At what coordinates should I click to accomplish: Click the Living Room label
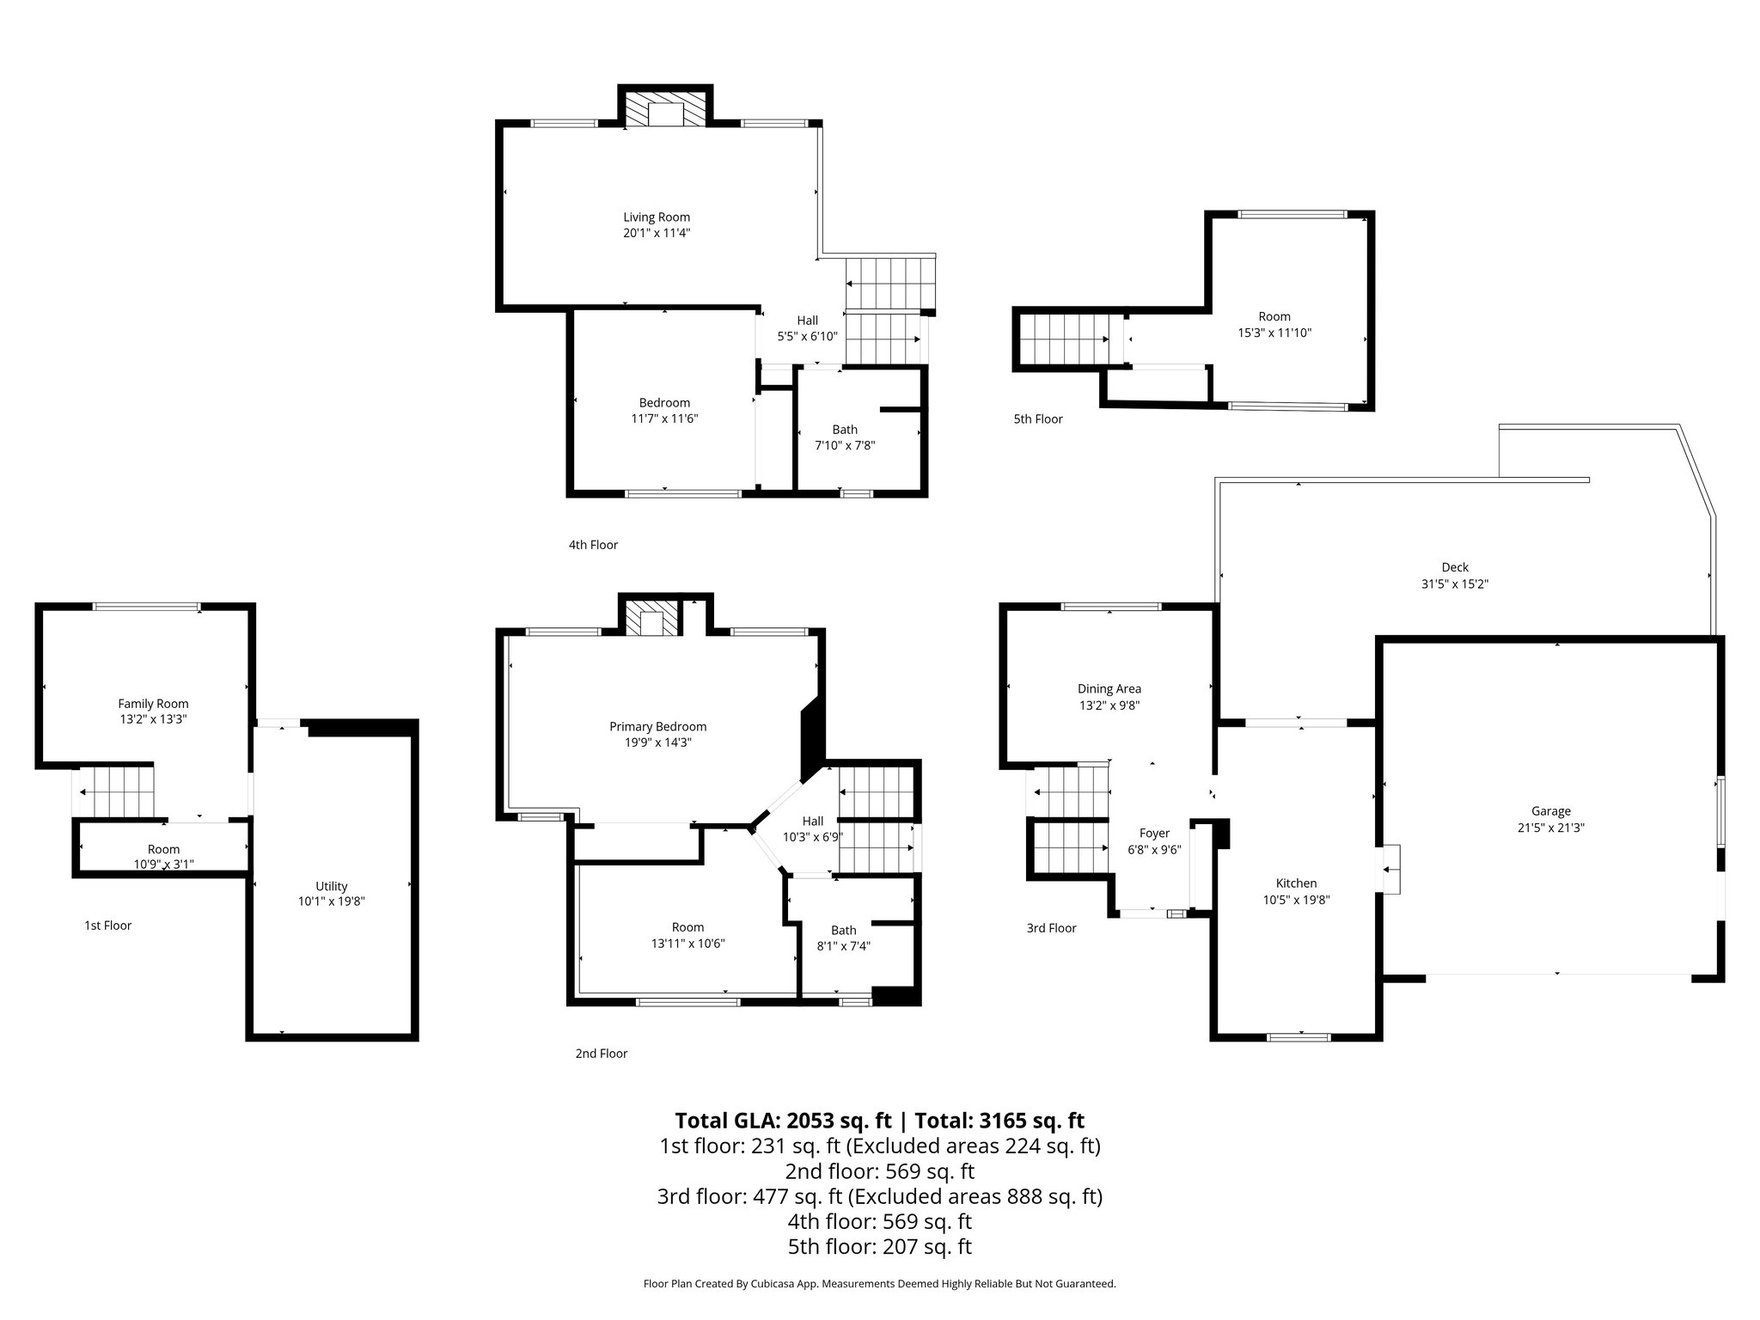657,217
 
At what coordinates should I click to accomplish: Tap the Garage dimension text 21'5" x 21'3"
1550,828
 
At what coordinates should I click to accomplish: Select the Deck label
1454,567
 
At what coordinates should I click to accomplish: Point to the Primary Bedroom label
657,727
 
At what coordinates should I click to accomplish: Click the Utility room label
331,886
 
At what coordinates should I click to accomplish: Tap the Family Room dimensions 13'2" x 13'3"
153,719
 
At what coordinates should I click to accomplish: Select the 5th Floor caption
1037,419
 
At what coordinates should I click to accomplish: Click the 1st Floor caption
107,926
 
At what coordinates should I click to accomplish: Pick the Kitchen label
1295,883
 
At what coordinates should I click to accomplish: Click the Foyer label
1154,834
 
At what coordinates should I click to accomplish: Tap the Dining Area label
1109,689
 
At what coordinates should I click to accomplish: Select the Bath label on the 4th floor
844,430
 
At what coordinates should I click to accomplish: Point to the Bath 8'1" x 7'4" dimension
843,946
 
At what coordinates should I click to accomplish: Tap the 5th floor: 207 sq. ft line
879,1247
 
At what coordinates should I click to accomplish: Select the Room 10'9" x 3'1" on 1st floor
163,857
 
